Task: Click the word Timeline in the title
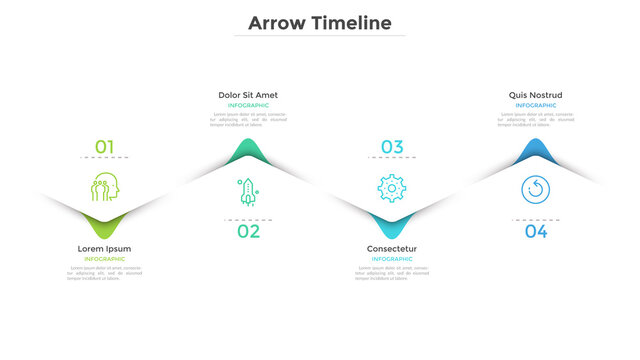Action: (x=351, y=22)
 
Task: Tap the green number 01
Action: (x=105, y=147)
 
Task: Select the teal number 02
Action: (x=248, y=232)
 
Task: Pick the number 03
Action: (x=391, y=147)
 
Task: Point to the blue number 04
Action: (x=536, y=232)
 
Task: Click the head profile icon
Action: (x=104, y=187)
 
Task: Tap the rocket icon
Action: (x=247, y=189)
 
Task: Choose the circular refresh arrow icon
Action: (x=535, y=189)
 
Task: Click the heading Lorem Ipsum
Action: (x=104, y=249)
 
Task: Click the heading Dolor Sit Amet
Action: (x=248, y=95)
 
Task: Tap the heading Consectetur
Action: (x=392, y=249)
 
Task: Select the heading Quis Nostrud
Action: (x=535, y=95)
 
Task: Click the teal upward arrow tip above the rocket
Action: (x=248, y=151)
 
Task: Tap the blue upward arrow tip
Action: (x=535, y=151)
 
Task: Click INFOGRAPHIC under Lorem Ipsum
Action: (x=104, y=259)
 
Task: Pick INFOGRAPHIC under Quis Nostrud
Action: (x=535, y=105)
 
